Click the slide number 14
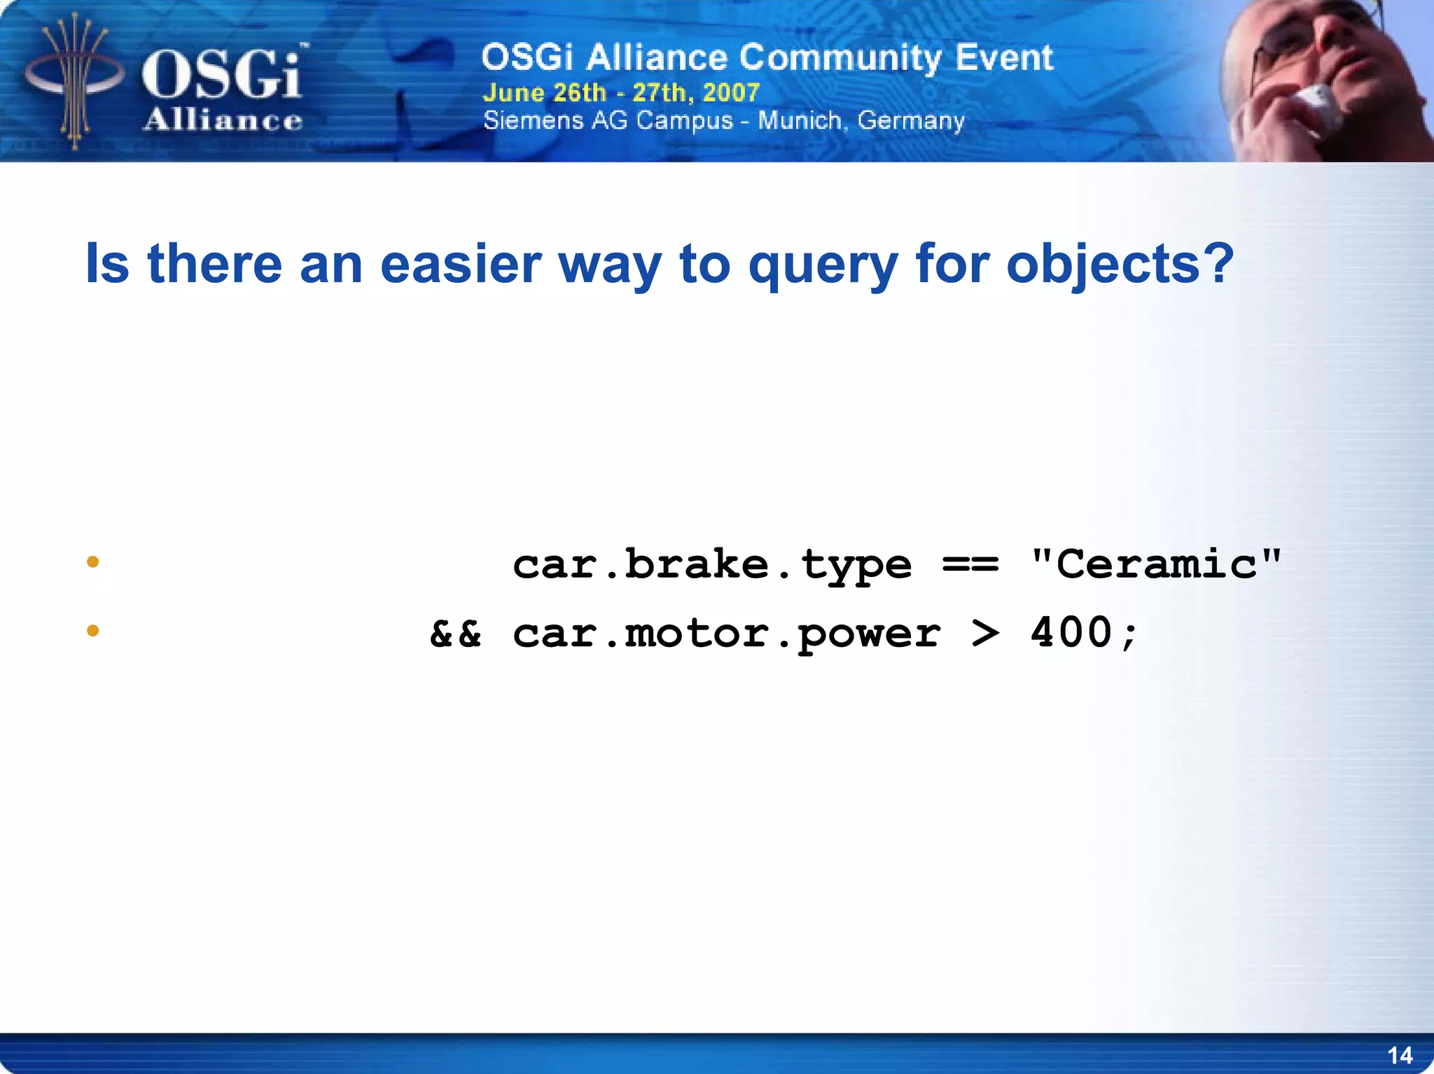point(1400,1055)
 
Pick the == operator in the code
point(970,564)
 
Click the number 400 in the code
point(1071,633)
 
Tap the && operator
point(455,633)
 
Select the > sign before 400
point(986,633)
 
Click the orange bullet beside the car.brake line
point(92,562)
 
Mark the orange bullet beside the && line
point(92,631)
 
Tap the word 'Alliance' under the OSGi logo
point(223,120)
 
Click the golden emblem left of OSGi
point(74,81)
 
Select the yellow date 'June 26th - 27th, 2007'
point(621,92)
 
